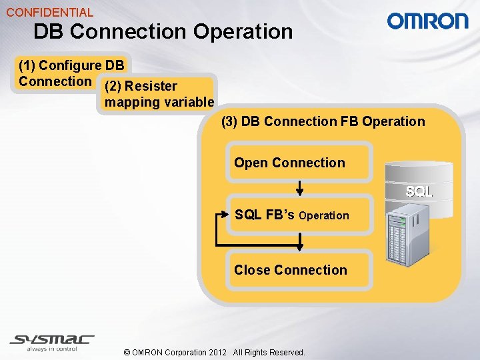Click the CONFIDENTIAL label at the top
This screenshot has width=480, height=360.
click(x=50, y=12)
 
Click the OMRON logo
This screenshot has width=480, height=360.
click(x=428, y=21)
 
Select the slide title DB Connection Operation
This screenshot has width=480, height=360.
click(x=163, y=31)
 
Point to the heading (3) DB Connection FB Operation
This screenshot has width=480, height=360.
click(x=323, y=121)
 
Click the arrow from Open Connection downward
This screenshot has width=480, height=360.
click(x=300, y=188)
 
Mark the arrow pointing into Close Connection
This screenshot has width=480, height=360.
click(x=300, y=243)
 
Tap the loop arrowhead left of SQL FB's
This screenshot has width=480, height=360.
click(x=223, y=215)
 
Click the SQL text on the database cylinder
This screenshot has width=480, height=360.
click(x=419, y=192)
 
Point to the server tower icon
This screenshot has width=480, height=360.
click(x=407, y=233)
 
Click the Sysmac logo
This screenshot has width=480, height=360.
click(x=52, y=339)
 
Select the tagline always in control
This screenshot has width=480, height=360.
click(x=52, y=349)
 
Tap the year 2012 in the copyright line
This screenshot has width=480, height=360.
click(x=217, y=352)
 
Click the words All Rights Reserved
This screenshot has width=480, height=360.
click(x=269, y=352)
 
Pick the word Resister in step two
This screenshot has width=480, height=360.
click(x=151, y=86)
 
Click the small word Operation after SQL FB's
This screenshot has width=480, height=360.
click(x=324, y=215)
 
